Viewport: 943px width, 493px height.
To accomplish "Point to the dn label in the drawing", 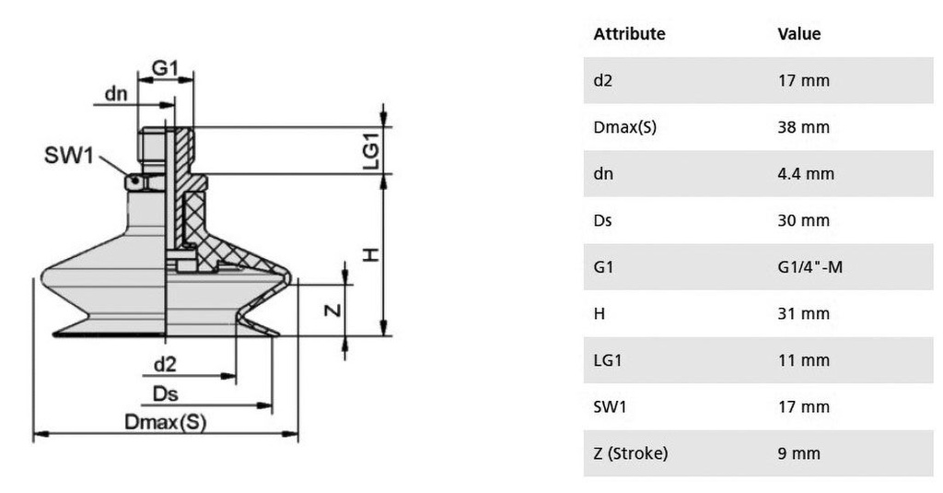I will pos(116,93).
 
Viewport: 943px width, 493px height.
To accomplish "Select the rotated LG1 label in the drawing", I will pos(370,151).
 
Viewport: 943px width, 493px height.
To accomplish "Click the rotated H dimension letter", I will pos(370,253).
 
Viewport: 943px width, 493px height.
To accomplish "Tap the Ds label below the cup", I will pos(165,394).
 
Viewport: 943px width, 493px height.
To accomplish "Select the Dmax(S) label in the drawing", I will pos(165,422).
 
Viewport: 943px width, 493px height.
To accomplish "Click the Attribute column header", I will pos(629,34).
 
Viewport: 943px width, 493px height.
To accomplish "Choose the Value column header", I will pos(798,34).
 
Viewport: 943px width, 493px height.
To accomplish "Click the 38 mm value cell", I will pos(803,127).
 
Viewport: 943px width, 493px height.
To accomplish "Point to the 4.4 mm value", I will pos(806,173).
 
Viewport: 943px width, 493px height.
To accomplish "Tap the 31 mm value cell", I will pos(803,313).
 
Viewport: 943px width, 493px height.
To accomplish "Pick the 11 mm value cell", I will pos(803,360).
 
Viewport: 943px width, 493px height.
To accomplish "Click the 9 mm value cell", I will pos(798,453).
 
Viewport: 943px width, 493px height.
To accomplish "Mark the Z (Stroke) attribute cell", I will pos(630,453).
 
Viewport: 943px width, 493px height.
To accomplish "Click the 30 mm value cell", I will pos(803,220).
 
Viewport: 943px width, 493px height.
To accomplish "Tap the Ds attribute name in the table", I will pos(603,220).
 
